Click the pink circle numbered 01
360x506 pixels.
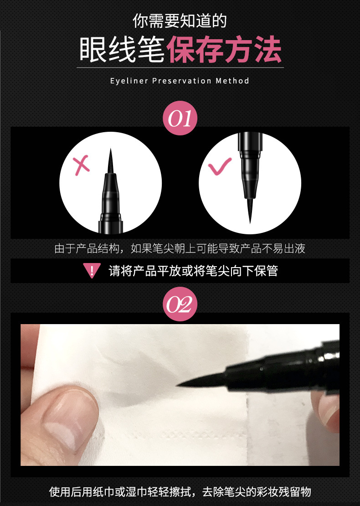point(180,118)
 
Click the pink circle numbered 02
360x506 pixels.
point(180,304)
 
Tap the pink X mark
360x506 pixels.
point(81,165)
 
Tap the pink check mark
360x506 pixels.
point(220,166)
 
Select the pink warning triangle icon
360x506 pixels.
point(92,270)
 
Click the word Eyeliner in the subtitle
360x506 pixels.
point(129,81)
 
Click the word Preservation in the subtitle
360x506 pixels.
point(182,81)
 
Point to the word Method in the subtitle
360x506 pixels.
point(232,81)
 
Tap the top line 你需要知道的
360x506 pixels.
point(180,21)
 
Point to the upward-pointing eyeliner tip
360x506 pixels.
point(110,149)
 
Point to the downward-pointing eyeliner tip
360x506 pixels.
point(250,222)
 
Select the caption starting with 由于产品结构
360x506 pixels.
point(180,248)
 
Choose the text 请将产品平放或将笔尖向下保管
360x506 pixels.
point(193,271)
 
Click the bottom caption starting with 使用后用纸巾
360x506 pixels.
point(180,492)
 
